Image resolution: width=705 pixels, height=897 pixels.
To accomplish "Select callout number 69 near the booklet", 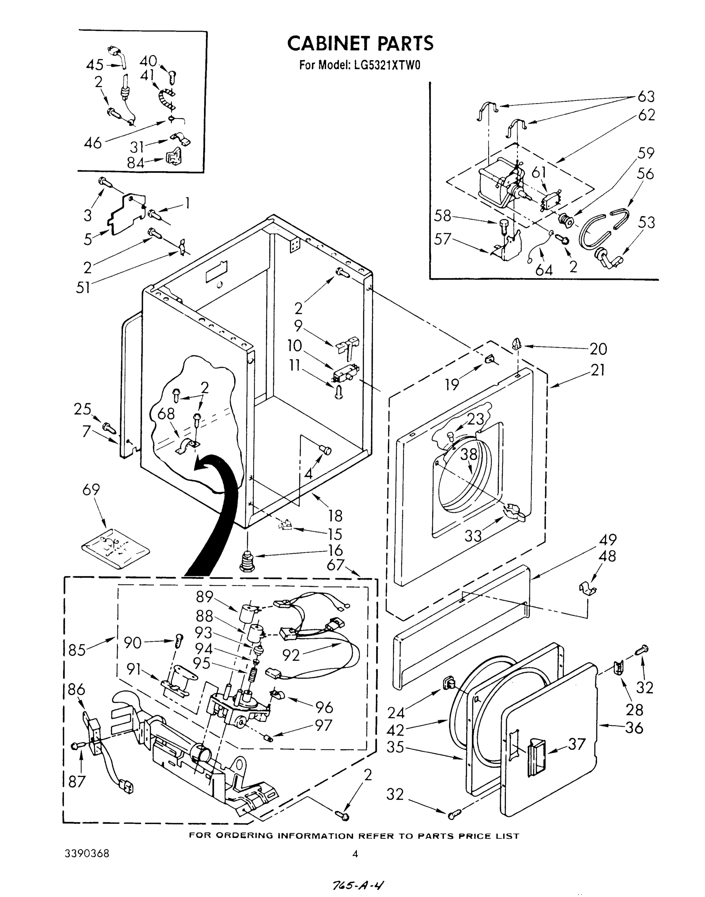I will pos(91,489).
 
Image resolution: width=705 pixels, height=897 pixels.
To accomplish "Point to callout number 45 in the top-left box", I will pos(95,65).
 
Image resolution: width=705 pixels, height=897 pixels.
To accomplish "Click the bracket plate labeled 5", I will pos(126,215).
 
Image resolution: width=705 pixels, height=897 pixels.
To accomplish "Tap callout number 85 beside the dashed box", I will pos(77,650).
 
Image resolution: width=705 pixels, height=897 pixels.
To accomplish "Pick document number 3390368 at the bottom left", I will pos(87,854).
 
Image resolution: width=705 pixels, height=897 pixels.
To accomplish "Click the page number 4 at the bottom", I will pos(355,854).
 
